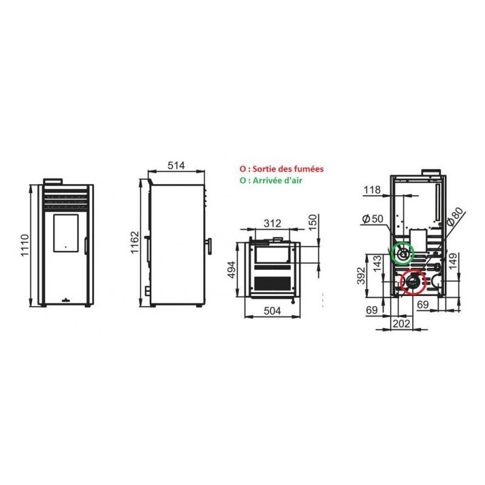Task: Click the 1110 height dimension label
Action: (x=25, y=246)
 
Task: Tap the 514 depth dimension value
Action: (x=176, y=166)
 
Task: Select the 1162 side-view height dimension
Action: (x=135, y=242)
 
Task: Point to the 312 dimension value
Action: (x=272, y=223)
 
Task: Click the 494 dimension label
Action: (x=232, y=270)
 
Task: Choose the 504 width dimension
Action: (x=272, y=310)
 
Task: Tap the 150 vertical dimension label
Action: (x=313, y=222)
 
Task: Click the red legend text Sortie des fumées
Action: (x=288, y=169)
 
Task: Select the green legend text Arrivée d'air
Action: (x=277, y=180)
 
